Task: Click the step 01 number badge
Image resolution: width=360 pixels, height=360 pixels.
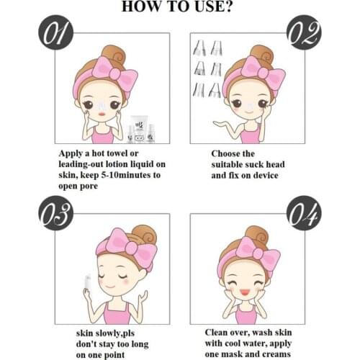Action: click(55, 32)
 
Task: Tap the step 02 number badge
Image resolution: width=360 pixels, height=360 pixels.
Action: click(304, 32)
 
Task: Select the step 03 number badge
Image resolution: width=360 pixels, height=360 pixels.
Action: click(55, 213)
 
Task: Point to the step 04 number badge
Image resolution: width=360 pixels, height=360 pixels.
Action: click(304, 213)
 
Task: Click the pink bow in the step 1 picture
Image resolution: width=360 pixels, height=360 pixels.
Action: click(116, 73)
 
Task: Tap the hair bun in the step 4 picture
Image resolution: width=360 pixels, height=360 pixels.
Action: click(257, 235)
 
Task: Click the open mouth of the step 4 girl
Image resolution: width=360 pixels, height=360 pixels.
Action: click(244, 292)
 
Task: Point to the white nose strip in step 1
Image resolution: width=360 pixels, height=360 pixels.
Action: click(102, 107)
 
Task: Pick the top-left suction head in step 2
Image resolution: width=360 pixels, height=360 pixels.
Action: click(199, 48)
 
